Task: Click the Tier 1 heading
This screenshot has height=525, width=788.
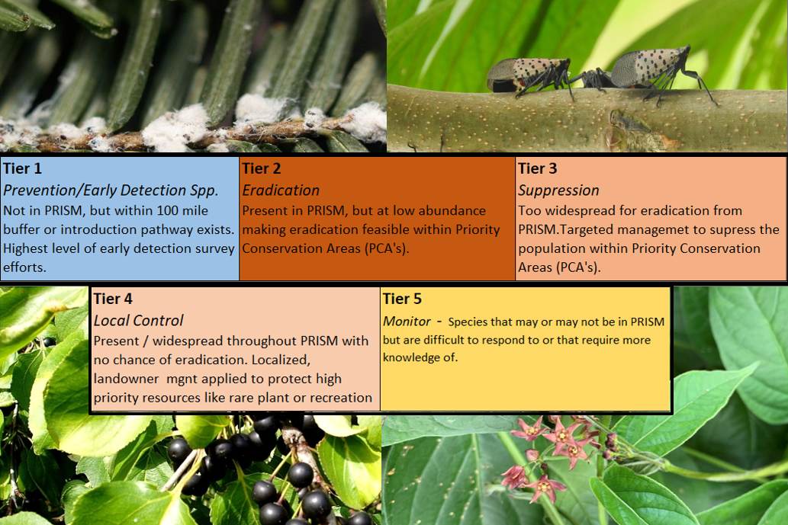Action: pyautogui.click(x=23, y=168)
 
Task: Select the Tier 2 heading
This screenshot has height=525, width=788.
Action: pyautogui.click(x=262, y=168)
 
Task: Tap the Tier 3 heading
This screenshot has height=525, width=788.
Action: pyautogui.click(x=538, y=168)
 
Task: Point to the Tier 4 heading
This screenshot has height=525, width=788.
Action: pyautogui.click(x=113, y=299)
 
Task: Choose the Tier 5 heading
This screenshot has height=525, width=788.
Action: pyautogui.click(x=402, y=299)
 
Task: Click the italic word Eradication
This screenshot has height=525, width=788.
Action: pyautogui.click(x=281, y=190)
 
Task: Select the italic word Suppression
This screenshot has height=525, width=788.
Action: pyautogui.click(x=559, y=190)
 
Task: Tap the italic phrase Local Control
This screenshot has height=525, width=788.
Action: pyautogui.click(x=139, y=321)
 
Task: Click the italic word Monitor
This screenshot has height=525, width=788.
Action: pyautogui.click(x=407, y=322)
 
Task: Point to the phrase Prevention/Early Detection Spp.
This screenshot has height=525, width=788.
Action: pyautogui.click(x=111, y=190)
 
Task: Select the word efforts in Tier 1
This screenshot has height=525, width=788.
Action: pyautogui.click(x=24, y=267)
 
